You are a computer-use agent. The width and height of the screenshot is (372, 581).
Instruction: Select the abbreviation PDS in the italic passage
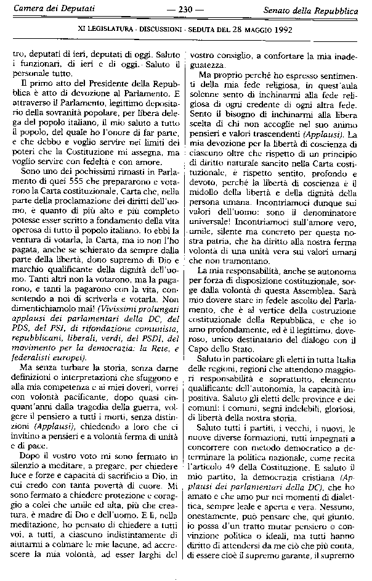[x=22, y=328]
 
